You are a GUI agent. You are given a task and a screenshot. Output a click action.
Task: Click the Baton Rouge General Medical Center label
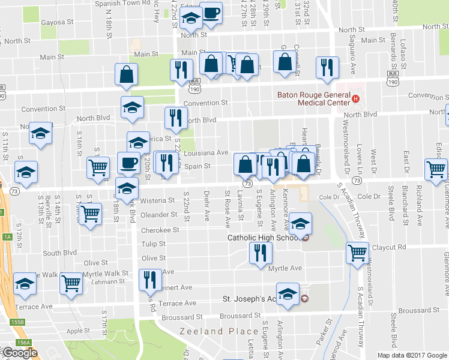coord(313,98)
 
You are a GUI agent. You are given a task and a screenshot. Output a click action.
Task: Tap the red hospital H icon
coord(356,98)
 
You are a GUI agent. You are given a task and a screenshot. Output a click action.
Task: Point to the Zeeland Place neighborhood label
coord(211,331)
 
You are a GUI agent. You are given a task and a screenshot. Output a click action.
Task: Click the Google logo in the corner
coord(19,352)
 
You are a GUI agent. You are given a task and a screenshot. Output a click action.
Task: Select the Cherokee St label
coord(160,230)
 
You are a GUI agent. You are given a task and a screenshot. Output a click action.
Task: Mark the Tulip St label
coord(153,244)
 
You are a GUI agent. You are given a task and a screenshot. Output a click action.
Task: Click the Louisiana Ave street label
coord(209,152)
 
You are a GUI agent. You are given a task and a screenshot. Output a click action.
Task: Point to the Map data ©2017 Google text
coord(412,355)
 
